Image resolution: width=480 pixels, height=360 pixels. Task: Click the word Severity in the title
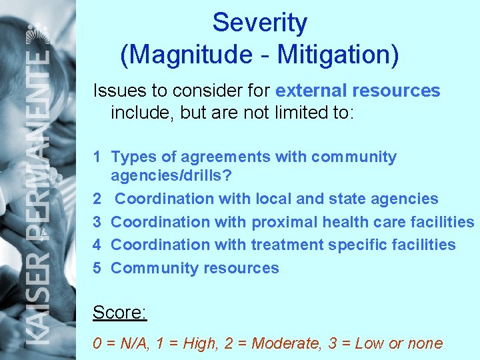pos(259,24)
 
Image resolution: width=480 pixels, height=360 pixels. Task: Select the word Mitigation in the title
pos(337,55)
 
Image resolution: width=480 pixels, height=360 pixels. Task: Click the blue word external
pos(311,91)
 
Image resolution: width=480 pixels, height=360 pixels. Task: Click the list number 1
pos(97,157)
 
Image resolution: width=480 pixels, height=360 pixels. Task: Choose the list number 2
pos(97,199)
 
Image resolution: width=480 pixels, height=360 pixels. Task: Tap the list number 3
pos(97,222)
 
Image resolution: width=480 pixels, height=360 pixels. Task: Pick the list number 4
pos(97,245)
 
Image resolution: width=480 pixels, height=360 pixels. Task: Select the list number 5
pos(97,268)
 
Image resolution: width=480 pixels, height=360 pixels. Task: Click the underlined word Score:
pos(119,312)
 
